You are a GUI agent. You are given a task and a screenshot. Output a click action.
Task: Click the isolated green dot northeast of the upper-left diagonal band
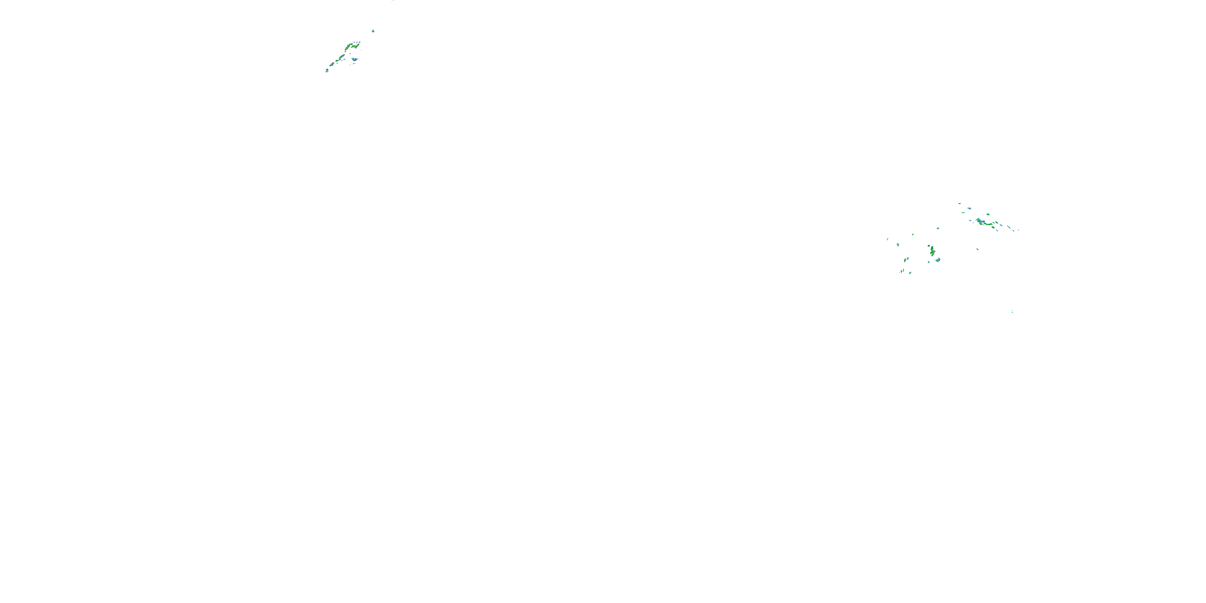click(x=373, y=31)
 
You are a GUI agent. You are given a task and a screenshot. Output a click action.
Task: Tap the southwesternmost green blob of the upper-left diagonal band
click(x=327, y=71)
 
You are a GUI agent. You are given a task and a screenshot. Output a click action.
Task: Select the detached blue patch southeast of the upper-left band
click(x=355, y=59)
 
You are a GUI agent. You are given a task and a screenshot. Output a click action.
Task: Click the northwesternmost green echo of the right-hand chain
click(x=960, y=204)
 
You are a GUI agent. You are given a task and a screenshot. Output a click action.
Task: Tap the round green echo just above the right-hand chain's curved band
click(x=988, y=214)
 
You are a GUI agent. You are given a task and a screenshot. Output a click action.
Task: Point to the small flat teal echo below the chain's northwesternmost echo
click(x=964, y=213)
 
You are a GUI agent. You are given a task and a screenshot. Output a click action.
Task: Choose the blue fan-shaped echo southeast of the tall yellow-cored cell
click(x=938, y=259)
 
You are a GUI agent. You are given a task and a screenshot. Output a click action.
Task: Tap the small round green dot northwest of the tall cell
click(x=929, y=245)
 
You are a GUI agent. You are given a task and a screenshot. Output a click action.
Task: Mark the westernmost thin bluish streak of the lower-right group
click(x=888, y=239)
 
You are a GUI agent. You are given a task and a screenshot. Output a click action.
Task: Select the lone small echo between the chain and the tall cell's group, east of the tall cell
click(x=977, y=249)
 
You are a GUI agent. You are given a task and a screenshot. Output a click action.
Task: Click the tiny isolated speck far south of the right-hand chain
click(x=1012, y=311)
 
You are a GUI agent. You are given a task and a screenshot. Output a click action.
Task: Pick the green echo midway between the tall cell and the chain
click(x=938, y=228)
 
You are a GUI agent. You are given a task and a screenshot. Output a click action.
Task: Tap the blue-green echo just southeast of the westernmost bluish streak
click(x=898, y=245)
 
